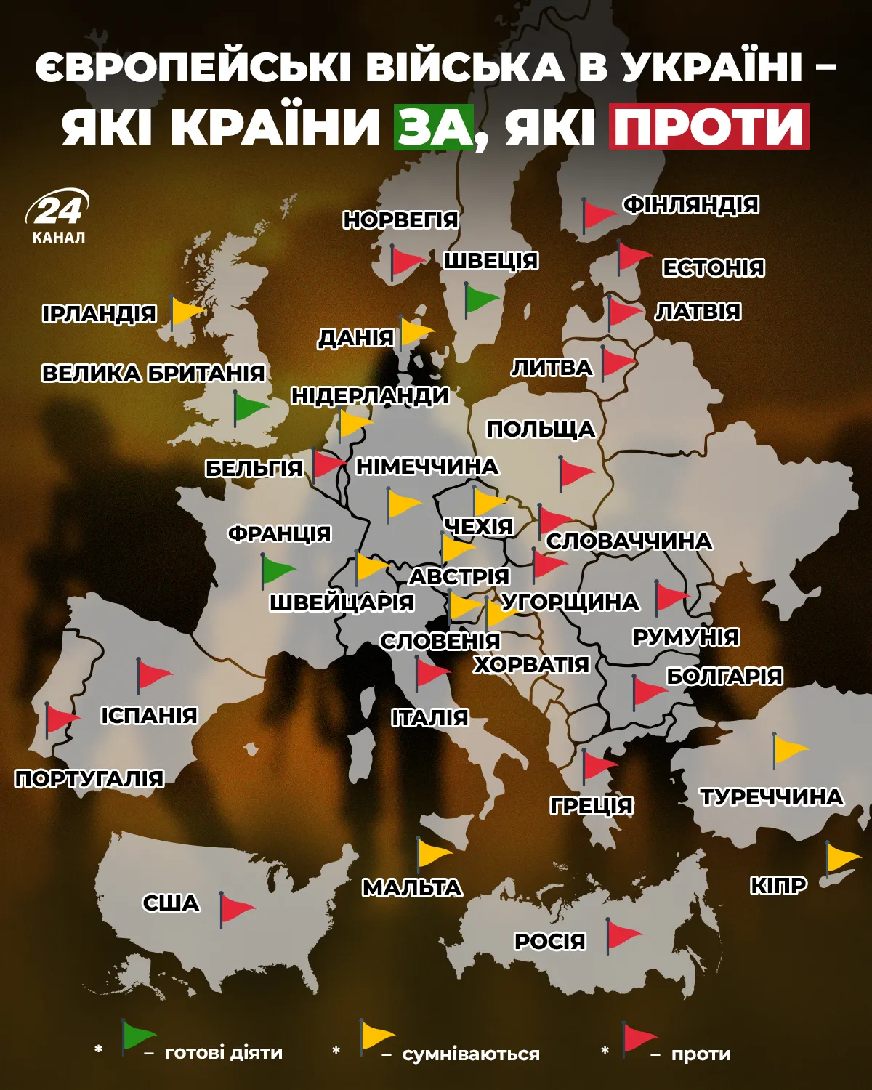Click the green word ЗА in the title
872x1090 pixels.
pos(434,127)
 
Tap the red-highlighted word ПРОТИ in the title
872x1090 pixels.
pos(708,127)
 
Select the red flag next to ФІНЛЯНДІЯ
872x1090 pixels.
pos(599,214)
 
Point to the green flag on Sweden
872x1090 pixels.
pos(481,299)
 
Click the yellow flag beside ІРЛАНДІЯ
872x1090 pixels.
pos(187,311)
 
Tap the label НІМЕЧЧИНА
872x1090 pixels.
pos(427,466)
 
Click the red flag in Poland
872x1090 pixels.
pos(576,472)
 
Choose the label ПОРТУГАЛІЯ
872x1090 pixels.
pos(89,779)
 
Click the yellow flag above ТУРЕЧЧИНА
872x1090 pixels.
pos(789,749)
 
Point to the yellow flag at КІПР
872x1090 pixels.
pos(842,858)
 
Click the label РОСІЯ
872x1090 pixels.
pos(549,941)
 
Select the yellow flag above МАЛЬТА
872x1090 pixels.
pos(433,852)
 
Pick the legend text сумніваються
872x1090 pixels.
pos(471,1054)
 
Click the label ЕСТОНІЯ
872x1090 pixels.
pos(713,267)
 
